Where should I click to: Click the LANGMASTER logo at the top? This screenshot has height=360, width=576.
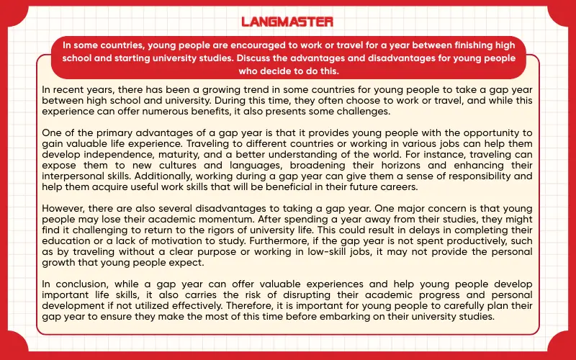[x=287, y=21]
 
